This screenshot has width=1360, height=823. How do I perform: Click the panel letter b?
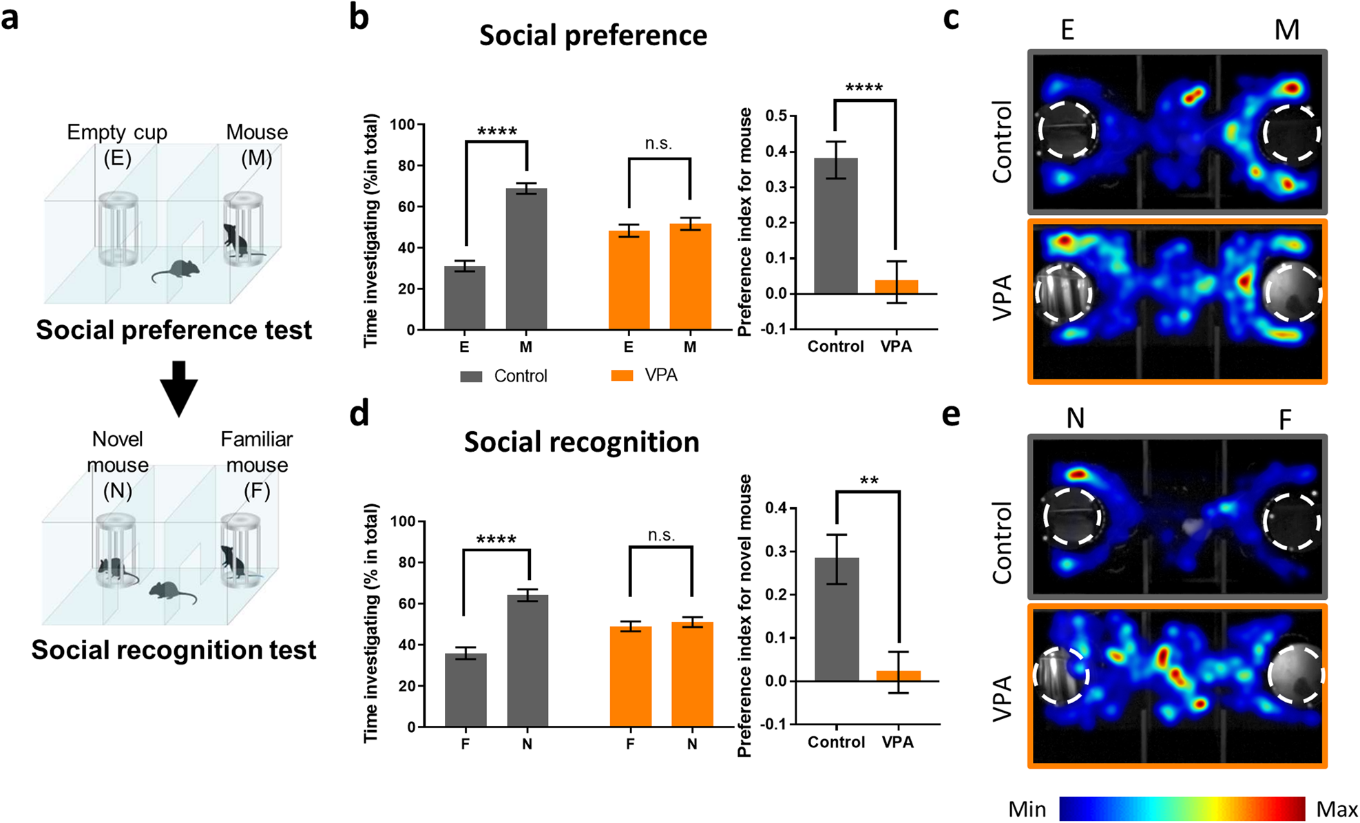click(x=359, y=18)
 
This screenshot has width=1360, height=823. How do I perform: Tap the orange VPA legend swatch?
click(x=622, y=375)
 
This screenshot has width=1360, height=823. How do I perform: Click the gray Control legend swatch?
click(x=471, y=376)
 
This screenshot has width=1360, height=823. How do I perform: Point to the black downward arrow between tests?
click(x=179, y=388)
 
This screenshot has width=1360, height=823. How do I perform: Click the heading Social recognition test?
click(x=174, y=649)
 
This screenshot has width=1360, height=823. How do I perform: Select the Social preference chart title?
click(x=593, y=35)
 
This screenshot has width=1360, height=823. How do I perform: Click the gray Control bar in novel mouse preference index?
click(x=837, y=619)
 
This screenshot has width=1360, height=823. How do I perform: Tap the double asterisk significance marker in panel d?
click(x=869, y=481)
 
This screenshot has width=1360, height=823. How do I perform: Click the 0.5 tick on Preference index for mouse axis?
click(x=777, y=116)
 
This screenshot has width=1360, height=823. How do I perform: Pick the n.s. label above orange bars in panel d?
click(x=661, y=535)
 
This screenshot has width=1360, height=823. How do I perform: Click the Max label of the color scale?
click(x=1336, y=809)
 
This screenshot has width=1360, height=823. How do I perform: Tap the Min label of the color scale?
click(x=1027, y=809)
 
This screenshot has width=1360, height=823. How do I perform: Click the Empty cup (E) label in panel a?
click(x=117, y=145)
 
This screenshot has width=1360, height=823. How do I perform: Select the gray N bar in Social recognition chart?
click(x=527, y=660)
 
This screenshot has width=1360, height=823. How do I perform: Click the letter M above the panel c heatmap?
click(x=1286, y=30)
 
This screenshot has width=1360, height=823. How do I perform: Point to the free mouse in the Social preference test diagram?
click(x=178, y=271)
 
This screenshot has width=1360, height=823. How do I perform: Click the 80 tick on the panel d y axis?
click(x=406, y=563)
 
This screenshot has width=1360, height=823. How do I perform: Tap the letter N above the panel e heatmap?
click(x=1075, y=418)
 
